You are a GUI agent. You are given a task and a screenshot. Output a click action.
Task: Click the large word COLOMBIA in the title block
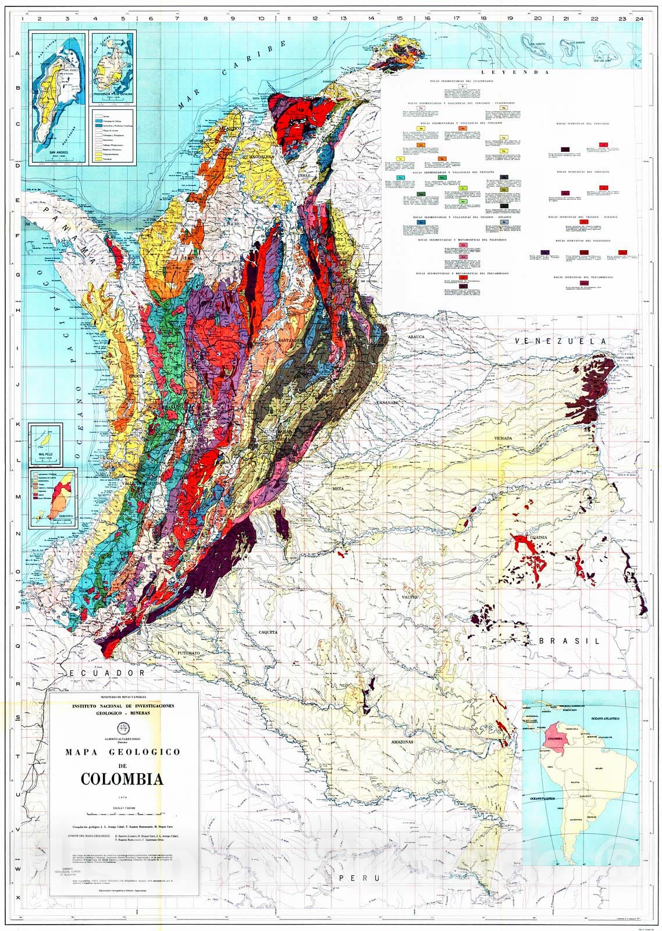122,779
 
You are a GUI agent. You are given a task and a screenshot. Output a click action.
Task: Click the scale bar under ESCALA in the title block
122,812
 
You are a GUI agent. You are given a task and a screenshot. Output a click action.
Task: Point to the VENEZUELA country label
564,341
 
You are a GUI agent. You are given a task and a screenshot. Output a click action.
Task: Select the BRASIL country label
568,641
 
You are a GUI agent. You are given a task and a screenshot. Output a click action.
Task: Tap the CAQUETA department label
269,632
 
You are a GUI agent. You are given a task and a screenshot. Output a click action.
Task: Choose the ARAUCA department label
417,336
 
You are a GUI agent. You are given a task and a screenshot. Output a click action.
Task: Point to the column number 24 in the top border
639,19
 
